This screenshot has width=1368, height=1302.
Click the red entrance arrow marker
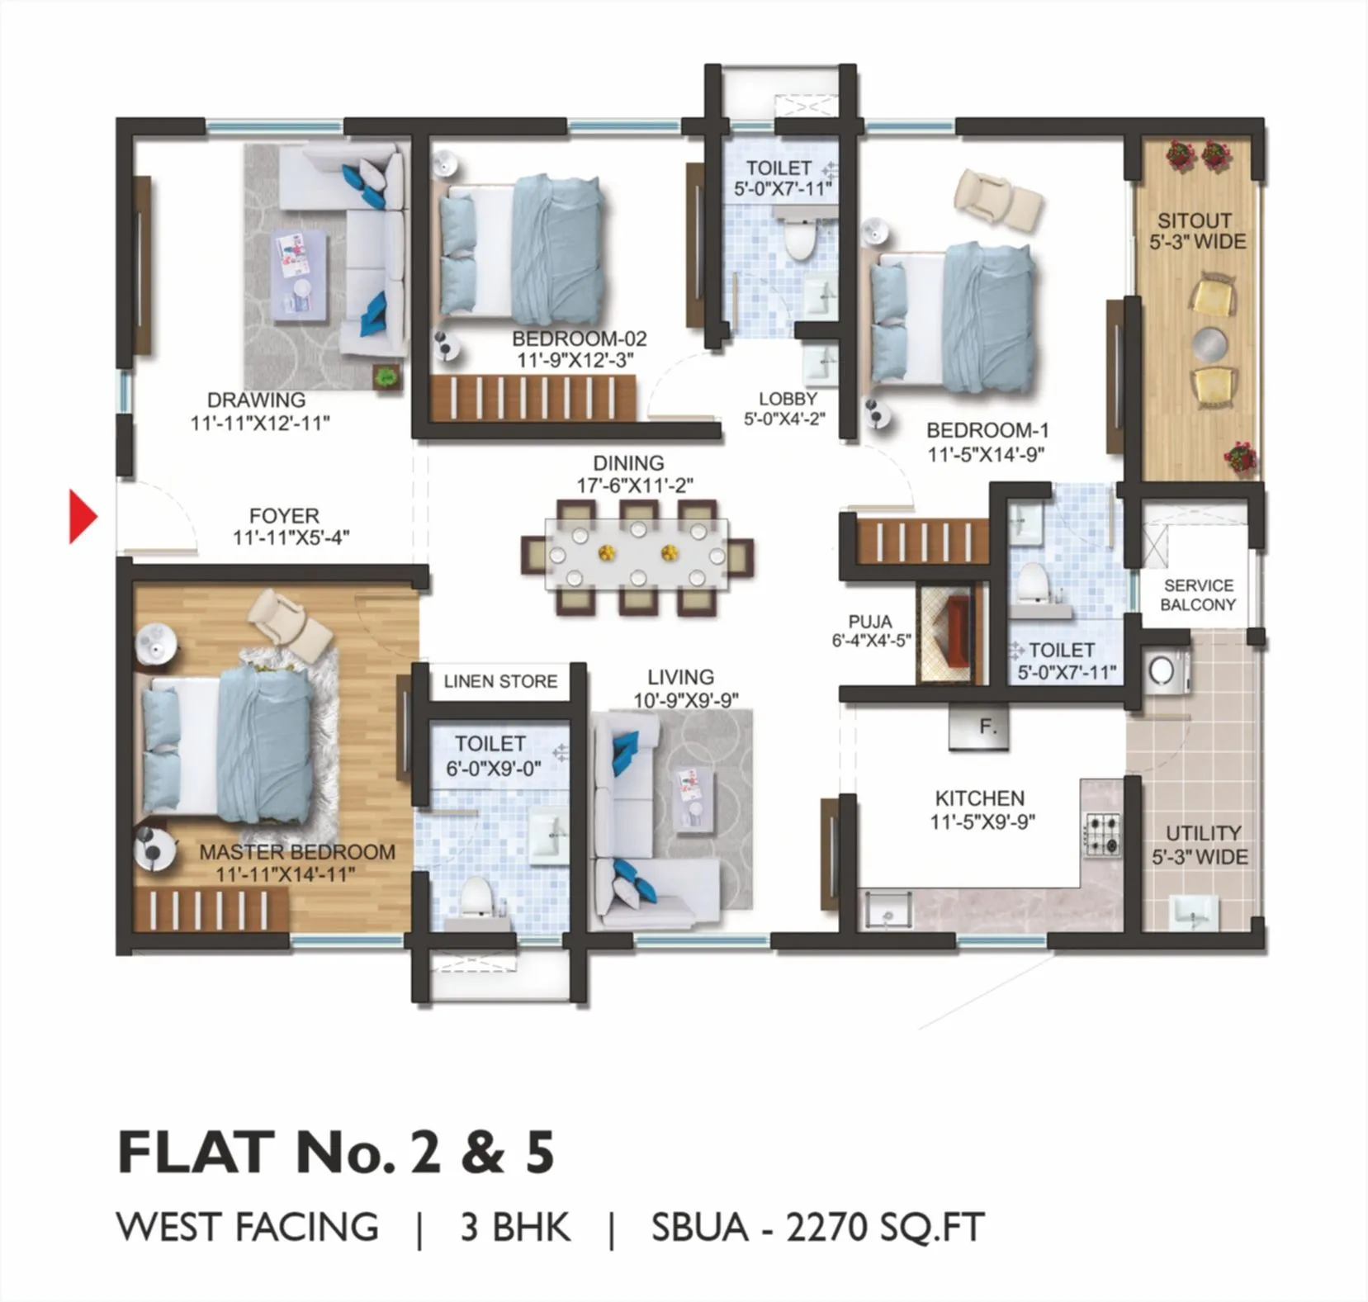click(x=82, y=517)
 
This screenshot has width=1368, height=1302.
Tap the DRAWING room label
click(x=256, y=400)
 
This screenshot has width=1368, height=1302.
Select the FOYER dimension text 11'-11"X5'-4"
click(x=291, y=538)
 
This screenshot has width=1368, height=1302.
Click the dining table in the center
click(x=636, y=555)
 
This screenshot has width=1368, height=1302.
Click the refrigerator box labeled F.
click(x=979, y=727)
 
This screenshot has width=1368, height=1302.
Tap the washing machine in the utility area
click(x=1165, y=669)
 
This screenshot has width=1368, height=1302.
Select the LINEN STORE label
click(x=500, y=682)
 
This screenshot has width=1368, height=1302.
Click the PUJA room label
click(x=869, y=622)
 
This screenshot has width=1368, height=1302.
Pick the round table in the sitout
click(x=1211, y=342)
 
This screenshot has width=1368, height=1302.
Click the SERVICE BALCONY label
click(x=1198, y=594)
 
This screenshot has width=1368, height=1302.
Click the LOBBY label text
click(x=787, y=399)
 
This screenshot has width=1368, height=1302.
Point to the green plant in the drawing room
click(x=386, y=377)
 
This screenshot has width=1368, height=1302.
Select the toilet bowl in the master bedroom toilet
click(x=476, y=897)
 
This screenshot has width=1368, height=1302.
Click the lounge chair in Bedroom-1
click(x=997, y=201)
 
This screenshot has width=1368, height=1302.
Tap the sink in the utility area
click(x=1194, y=911)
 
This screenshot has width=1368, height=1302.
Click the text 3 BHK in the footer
click(x=515, y=1227)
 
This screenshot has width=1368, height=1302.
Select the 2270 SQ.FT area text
click(x=884, y=1227)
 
